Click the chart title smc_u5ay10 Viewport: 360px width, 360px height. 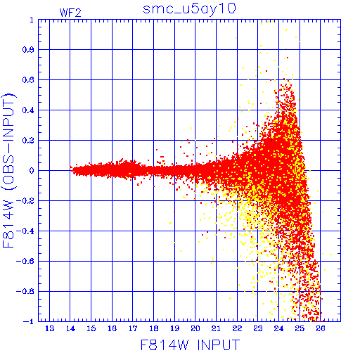click(x=189, y=9)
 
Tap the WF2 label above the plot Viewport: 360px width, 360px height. click(x=70, y=13)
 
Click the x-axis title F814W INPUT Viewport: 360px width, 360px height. click(x=191, y=345)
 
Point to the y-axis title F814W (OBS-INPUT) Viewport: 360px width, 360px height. click(x=9, y=170)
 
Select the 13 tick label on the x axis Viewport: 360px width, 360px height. click(x=49, y=328)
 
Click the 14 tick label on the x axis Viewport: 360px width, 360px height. click(x=70, y=328)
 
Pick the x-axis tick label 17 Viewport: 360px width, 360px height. click(x=133, y=328)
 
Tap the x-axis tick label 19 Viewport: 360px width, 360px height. click(x=174, y=328)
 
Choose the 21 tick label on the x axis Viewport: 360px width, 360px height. click(x=216, y=328)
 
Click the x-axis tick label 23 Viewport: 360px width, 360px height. click(x=258, y=328)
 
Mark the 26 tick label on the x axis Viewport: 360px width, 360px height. click(x=321, y=328)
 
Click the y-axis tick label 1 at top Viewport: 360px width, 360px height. click(x=32, y=20)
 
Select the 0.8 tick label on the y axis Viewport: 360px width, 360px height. click(x=28, y=50)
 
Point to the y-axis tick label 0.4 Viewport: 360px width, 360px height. click(x=28, y=110)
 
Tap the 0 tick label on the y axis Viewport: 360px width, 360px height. click(x=32, y=170)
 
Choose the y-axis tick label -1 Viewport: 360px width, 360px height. click(x=29, y=321)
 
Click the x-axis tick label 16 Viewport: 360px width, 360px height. click(x=112, y=328)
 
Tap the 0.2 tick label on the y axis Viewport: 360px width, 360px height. click(x=28, y=141)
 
